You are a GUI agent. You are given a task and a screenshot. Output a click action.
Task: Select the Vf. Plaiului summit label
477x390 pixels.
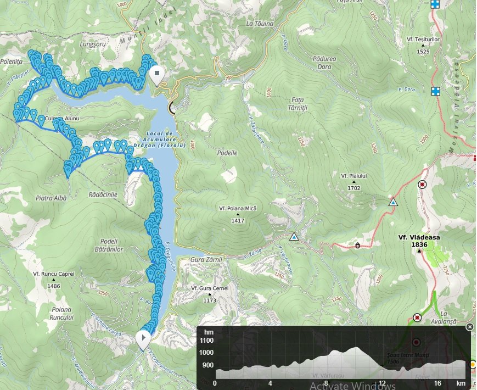[353, 175]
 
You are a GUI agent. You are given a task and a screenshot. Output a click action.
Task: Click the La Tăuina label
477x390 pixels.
[260, 24]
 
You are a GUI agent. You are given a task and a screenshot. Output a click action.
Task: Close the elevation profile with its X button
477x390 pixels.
[470, 327]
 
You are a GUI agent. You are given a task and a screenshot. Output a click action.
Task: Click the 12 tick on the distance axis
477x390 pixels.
[381, 383]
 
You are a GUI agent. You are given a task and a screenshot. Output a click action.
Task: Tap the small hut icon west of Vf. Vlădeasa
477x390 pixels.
[358, 246]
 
